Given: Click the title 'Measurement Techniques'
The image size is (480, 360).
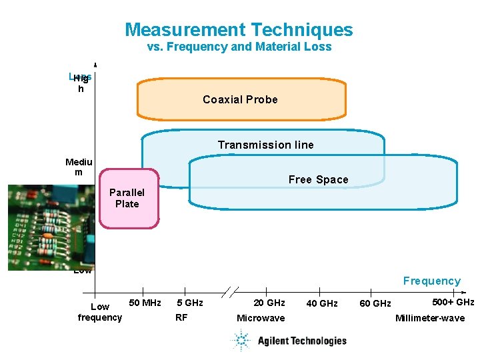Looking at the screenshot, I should click(239, 30).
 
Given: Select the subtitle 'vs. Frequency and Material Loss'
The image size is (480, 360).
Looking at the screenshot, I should click(239, 47).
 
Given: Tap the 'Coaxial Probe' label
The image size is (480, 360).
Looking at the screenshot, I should click(240, 99).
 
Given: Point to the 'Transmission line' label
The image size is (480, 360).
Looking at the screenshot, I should click(265, 145).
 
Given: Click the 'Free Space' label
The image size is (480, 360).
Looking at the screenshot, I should click(318, 179).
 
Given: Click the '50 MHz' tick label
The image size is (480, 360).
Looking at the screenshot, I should click(145, 303).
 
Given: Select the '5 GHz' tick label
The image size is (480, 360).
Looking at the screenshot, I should click(190, 303).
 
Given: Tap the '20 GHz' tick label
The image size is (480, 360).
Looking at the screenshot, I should click(269, 303).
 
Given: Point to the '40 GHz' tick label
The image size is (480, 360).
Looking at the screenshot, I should click(321, 304).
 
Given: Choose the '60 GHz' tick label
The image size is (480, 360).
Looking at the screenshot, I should click(375, 304).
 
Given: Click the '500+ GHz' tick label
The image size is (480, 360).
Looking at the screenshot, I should click(453, 302).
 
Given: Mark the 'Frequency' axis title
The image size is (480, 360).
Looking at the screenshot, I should click(431, 281).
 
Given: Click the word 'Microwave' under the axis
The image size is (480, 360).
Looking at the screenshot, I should click(261, 318).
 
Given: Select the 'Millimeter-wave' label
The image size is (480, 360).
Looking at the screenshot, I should click(429, 318).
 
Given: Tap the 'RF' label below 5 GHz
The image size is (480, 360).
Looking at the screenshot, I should click(181, 317).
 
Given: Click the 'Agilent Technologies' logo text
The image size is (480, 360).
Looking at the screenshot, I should click(302, 341).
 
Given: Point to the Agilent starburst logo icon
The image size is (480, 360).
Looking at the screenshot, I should click(241, 341).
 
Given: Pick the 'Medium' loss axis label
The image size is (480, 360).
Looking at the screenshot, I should click(79, 167).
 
